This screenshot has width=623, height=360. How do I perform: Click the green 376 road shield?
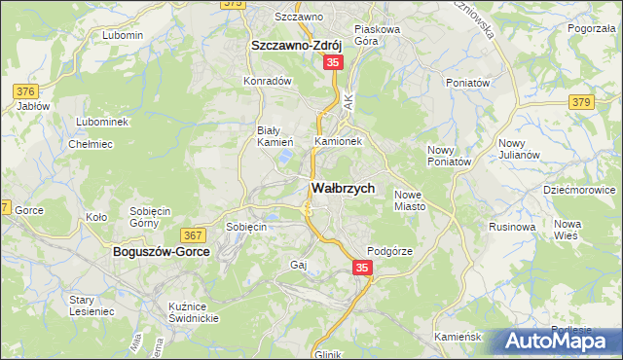(x=26, y=91)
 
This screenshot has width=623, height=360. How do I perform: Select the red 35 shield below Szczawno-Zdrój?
(x=333, y=62)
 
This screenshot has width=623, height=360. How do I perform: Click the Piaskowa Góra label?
(x=378, y=35)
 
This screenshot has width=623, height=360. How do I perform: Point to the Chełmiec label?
(x=91, y=144)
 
